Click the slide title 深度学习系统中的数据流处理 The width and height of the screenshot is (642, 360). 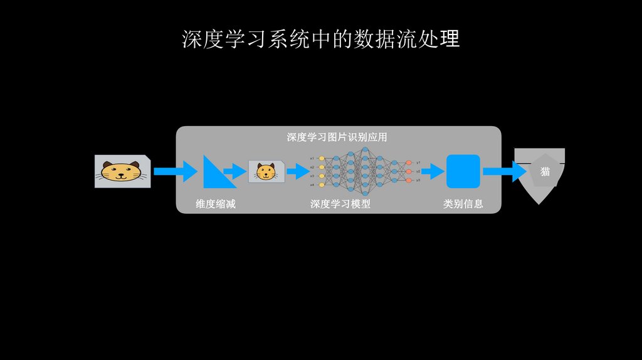click(x=320, y=39)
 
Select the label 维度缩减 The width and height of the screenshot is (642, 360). click(x=216, y=204)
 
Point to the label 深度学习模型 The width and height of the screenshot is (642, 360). click(x=340, y=204)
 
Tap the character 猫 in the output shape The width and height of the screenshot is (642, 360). click(x=545, y=171)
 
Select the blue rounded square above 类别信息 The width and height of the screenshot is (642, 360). click(x=463, y=171)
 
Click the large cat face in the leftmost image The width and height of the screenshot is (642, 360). click(x=123, y=171)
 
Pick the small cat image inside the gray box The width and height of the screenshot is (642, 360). click(x=266, y=171)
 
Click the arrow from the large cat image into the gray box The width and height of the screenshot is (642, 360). click(x=176, y=171)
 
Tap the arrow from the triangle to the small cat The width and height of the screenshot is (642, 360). click(x=235, y=171)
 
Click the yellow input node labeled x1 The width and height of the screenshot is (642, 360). click(x=322, y=159)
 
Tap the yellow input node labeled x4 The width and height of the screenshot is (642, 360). click(x=322, y=185)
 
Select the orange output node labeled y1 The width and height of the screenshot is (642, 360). click(x=409, y=162)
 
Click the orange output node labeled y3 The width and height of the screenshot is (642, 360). click(x=409, y=180)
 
